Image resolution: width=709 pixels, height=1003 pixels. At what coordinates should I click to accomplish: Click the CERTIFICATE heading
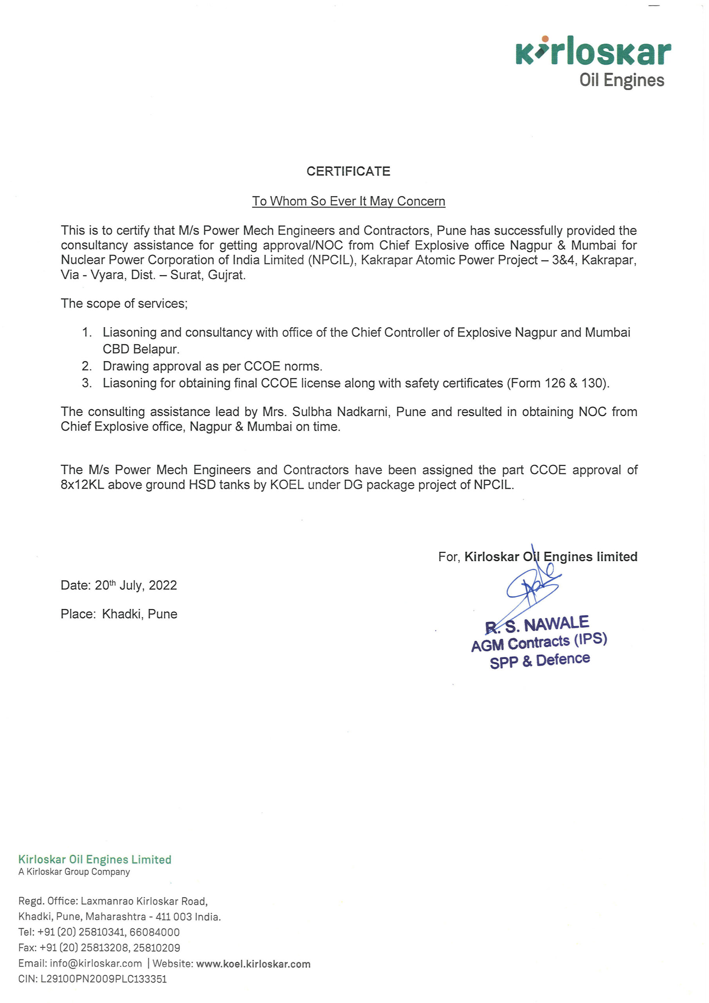[348, 171]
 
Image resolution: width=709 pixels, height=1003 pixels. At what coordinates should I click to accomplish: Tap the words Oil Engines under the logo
[621, 80]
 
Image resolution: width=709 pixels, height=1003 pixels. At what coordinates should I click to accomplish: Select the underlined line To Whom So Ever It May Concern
[348, 201]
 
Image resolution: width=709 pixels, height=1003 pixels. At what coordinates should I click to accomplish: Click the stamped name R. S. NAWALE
[537, 625]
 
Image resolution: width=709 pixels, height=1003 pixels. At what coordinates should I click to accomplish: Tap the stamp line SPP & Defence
[539, 661]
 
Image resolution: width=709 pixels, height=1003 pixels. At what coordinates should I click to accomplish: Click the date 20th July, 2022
[136, 585]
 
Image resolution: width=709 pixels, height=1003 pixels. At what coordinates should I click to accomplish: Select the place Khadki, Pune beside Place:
[139, 614]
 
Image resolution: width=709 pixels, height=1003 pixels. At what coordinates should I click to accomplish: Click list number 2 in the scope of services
[87, 366]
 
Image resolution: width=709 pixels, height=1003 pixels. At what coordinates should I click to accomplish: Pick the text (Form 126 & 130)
[558, 383]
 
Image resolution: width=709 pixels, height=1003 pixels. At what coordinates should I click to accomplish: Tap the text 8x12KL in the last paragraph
[82, 485]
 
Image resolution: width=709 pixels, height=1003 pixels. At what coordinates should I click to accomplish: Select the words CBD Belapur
[141, 349]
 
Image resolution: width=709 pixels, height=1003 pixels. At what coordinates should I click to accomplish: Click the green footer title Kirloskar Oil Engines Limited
[95, 860]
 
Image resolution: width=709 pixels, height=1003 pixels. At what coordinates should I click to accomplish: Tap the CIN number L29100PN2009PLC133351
[103, 979]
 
